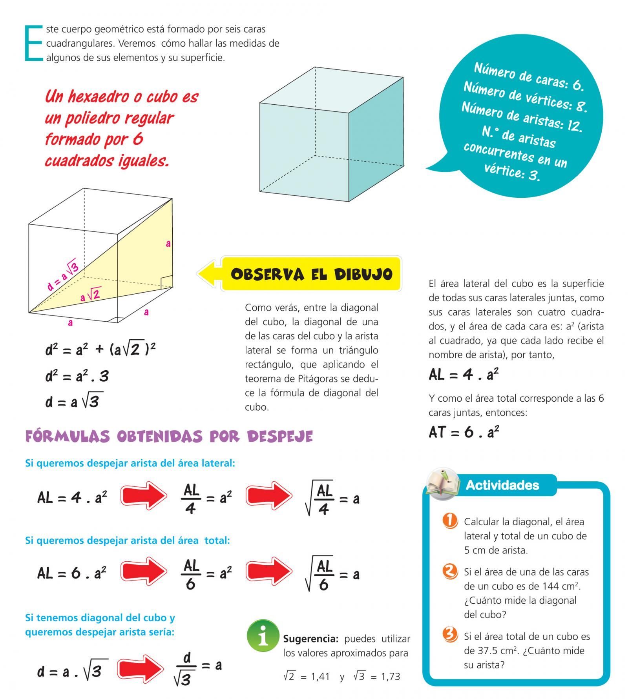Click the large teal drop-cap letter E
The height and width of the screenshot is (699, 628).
click(34, 43)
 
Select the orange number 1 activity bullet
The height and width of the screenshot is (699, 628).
click(450, 521)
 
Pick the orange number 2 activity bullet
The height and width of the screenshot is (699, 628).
click(450, 571)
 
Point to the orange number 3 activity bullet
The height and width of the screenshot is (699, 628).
click(450, 634)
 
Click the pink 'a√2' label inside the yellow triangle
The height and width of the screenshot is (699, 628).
click(90, 295)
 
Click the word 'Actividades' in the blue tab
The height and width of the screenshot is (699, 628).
click(502, 485)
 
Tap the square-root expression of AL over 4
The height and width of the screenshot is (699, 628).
click(320, 499)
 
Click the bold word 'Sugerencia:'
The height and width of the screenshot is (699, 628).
click(310, 639)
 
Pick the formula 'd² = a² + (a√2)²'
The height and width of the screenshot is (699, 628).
click(100, 349)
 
